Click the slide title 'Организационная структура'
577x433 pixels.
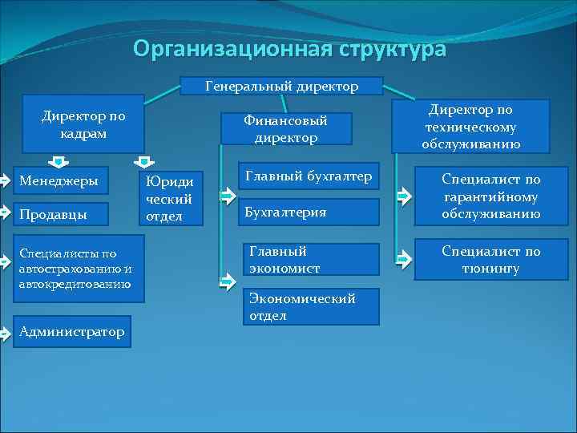(289, 50)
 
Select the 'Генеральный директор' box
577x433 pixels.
(282, 85)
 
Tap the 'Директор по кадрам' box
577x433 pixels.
(83, 124)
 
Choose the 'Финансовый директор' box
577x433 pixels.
(286, 128)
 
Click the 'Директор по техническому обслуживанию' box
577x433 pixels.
(470, 126)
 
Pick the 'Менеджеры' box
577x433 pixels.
(64, 181)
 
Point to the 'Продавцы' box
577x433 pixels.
(64, 214)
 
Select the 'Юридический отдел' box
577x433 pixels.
(171, 198)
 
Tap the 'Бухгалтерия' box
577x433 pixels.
(309, 212)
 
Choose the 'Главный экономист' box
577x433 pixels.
(309, 259)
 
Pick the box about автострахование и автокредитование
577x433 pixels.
(78, 269)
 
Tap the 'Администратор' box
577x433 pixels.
(71, 331)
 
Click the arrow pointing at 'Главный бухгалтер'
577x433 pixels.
(227, 180)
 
